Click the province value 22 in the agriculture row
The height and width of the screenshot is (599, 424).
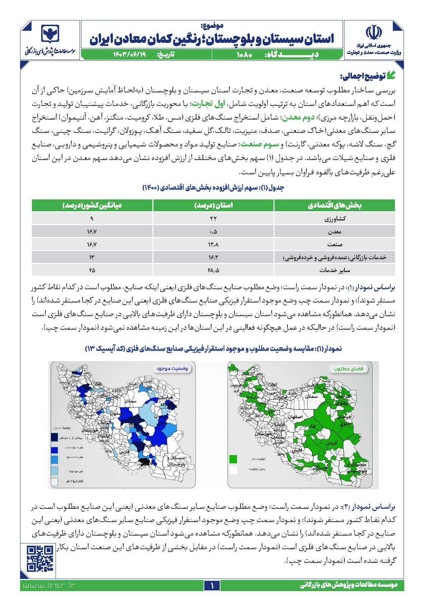point(214,219)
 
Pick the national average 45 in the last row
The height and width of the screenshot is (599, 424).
point(92,270)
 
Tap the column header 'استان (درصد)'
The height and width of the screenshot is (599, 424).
point(214,206)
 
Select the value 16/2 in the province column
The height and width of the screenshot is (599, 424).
point(214,257)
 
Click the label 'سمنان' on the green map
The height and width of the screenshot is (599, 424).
point(311,396)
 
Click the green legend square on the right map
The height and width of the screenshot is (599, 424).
point(233,459)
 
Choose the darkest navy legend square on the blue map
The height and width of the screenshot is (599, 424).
point(54,438)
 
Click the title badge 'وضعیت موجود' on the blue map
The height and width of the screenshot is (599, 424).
point(173,368)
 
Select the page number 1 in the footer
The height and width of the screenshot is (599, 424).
point(212,586)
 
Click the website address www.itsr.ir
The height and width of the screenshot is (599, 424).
point(49,585)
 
